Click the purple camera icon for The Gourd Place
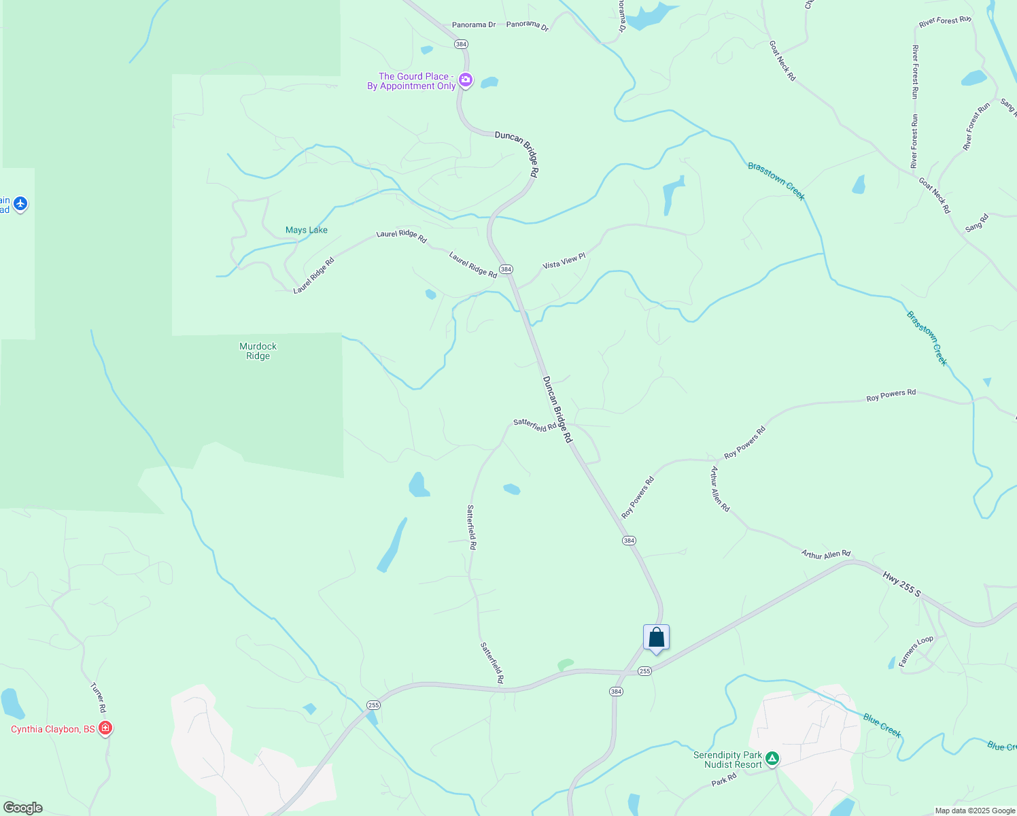tap(466, 80)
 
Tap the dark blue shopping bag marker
tap(656, 638)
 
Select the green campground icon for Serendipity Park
tap(772, 758)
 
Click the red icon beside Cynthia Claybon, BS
tap(105, 728)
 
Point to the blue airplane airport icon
tap(20, 203)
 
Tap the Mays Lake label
tap(307, 231)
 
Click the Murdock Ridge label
tap(258, 351)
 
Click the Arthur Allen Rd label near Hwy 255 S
tap(825, 555)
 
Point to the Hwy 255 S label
tap(901, 585)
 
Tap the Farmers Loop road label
tap(916, 651)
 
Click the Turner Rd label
tap(99, 697)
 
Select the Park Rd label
tap(724, 780)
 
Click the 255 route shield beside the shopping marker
tap(644, 671)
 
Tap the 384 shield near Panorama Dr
tap(461, 44)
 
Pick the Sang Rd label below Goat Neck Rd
tap(977, 222)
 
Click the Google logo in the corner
tap(22, 808)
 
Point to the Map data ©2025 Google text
tap(975, 811)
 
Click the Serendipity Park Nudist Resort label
tap(727, 760)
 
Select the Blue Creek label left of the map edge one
tap(882, 725)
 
